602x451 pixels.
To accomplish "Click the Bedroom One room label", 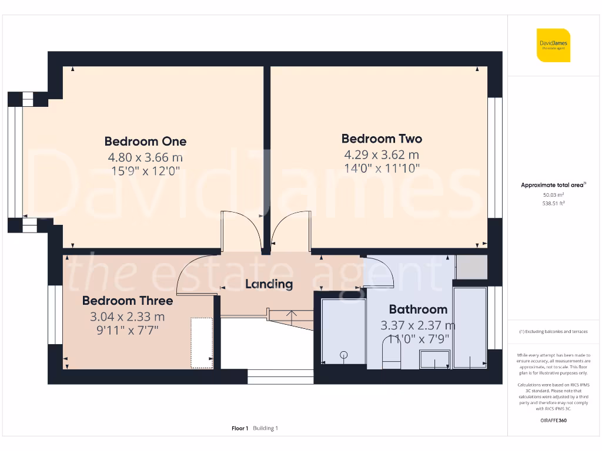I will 145,141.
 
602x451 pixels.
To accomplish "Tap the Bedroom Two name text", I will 382,139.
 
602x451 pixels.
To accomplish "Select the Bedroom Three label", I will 128,301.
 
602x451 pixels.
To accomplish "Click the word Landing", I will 269,284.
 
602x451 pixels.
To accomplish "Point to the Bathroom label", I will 418,309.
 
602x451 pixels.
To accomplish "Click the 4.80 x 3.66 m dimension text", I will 145,157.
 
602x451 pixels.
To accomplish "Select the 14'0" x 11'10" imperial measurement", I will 382,168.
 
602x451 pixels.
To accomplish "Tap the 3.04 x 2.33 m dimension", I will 128,317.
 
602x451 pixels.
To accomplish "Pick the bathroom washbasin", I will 434,359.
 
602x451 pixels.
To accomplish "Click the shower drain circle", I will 343,354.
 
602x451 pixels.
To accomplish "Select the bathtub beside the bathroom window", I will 470,327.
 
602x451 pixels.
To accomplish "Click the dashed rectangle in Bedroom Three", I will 201,343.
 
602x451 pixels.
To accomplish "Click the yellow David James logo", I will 553,45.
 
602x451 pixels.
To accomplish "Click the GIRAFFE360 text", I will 553,420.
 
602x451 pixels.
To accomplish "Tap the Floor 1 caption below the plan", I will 240,429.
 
